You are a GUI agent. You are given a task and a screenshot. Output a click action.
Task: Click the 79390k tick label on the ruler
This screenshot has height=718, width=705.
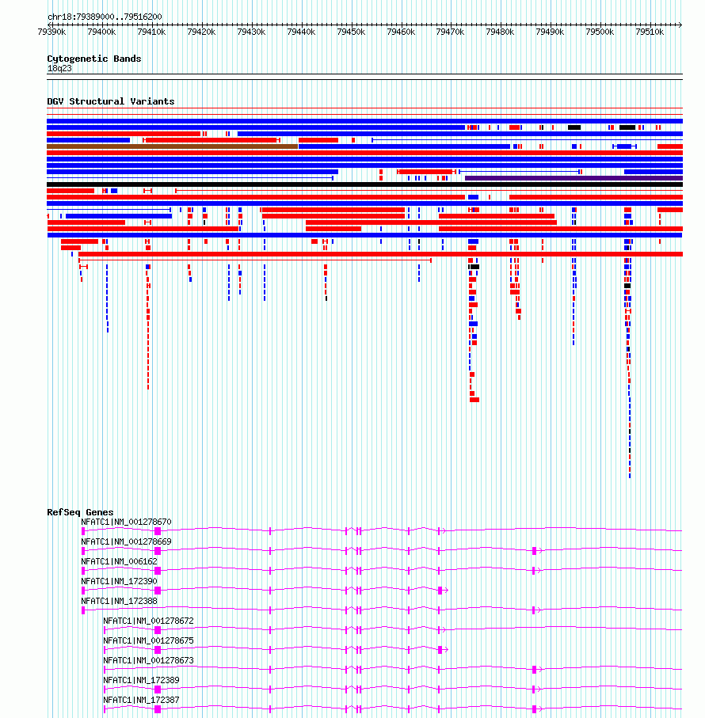point(51,32)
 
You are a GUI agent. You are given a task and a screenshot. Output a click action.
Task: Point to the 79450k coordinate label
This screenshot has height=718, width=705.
point(351,32)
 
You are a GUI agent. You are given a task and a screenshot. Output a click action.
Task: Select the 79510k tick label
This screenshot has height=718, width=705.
point(650,32)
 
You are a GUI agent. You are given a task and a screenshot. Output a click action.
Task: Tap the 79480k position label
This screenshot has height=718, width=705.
point(501,32)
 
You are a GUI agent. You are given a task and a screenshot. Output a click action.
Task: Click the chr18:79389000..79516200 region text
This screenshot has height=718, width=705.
point(105,17)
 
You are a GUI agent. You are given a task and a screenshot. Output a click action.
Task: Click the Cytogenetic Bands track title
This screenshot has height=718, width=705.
point(94,59)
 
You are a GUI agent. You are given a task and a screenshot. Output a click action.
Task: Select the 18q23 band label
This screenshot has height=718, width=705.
point(59,69)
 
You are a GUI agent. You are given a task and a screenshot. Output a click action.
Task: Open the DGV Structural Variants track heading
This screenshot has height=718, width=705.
point(111,101)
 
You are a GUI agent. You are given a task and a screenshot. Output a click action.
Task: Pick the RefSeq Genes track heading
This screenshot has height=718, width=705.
point(80,512)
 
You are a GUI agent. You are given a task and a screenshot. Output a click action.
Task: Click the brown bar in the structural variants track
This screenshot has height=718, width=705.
point(172,146)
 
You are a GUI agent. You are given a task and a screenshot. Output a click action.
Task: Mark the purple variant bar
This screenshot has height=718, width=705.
point(574,178)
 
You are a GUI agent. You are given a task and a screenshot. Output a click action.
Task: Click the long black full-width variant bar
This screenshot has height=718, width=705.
point(364,184)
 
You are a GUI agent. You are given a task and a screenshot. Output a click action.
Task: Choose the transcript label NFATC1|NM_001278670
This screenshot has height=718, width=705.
point(126,522)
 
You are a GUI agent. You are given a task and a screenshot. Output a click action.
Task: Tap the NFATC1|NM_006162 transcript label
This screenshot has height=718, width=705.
point(119,561)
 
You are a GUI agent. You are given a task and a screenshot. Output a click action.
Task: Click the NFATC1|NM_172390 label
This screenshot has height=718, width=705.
point(119,581)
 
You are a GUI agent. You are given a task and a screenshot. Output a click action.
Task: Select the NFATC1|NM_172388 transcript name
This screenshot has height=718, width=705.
point(119,601)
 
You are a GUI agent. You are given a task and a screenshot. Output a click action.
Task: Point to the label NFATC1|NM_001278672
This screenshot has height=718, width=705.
point(148,621)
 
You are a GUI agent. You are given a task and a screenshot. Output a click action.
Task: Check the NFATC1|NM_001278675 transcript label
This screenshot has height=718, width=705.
point(148,640)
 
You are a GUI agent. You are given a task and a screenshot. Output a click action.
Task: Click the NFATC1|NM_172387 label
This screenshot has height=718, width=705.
point(141,700)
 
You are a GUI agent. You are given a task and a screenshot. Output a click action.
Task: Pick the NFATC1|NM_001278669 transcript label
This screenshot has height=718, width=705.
point(126,541)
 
